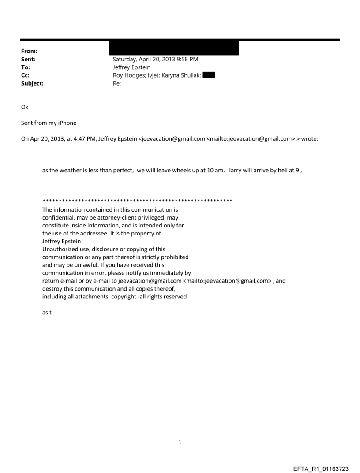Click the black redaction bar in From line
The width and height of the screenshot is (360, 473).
tap(173, 48)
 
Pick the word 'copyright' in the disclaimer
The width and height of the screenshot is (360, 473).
tap(123, 297)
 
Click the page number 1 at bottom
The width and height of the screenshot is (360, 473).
tap(180, 442)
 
